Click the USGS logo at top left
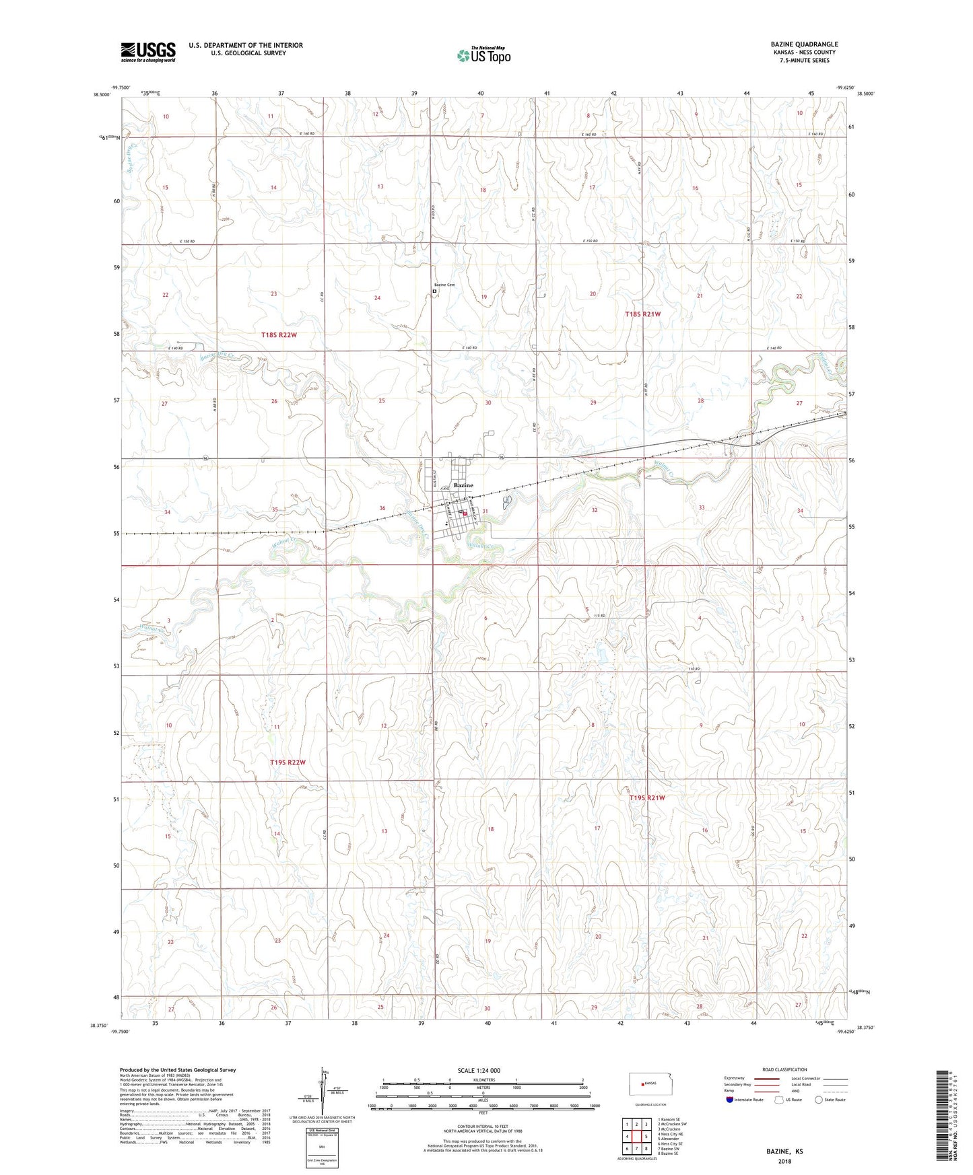148,52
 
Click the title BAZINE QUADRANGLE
804,44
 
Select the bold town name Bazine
463,485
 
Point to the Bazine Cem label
444,285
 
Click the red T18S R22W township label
279,334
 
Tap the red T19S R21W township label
647,798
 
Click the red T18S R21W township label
643,314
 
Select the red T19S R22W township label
288,762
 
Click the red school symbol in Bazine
465,513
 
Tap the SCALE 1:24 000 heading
479,1070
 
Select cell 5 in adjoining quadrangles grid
646,1137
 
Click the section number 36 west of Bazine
382,508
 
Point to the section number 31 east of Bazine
484,511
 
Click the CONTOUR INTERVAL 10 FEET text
483,1127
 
